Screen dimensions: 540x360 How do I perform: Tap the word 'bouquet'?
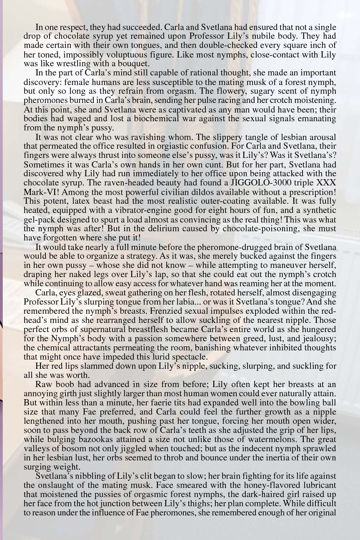coord(135,64)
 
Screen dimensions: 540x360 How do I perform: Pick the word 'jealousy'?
coord(319,338)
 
